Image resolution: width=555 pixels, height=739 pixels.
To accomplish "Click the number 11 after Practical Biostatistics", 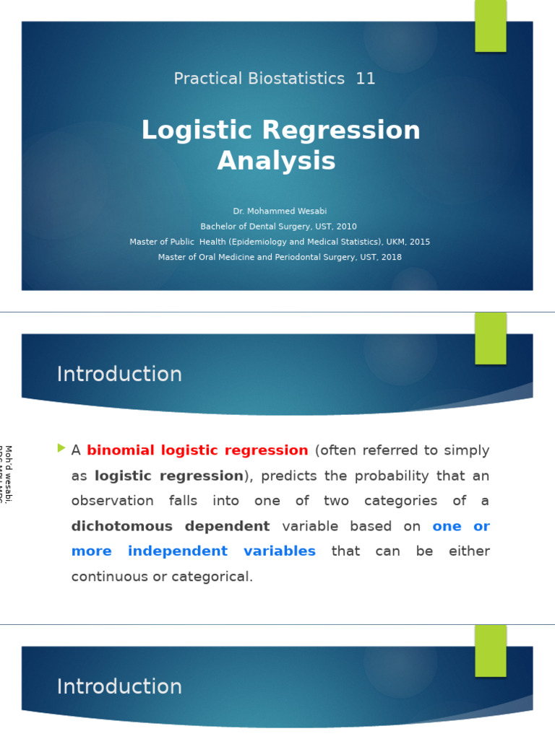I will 365,79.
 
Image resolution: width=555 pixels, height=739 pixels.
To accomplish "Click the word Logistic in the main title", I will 197,131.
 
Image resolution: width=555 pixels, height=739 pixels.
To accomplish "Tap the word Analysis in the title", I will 277,161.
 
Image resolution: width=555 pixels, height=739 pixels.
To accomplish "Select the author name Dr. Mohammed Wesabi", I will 280,211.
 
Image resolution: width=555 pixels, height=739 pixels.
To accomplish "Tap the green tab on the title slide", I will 490,26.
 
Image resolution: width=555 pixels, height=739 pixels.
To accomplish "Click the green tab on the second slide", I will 490,338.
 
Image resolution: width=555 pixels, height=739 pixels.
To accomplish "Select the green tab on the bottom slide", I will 490,650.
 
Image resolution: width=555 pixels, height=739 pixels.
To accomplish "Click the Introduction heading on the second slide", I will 119,375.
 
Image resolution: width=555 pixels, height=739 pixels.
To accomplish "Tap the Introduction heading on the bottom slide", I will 119,687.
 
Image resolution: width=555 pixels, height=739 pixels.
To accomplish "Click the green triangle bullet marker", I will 61,449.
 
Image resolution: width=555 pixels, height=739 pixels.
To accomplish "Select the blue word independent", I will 177,551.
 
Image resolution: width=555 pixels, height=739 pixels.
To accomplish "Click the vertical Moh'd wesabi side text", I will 8,474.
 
